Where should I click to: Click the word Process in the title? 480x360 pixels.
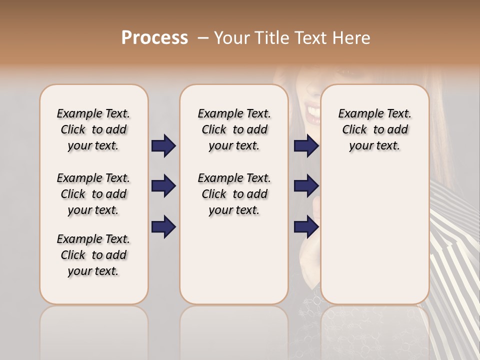pos(154,38)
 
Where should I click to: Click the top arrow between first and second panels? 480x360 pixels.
pos(163,146)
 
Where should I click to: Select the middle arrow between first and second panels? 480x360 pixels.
pos(163,186)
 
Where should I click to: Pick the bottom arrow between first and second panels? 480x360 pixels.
pos(163,226)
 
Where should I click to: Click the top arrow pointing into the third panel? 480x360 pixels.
pos(306,146)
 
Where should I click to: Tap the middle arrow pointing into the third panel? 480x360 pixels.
pos(306,186)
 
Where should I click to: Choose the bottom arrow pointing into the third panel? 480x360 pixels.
pos(306,226)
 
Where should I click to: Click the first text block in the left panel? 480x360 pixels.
pos(93,129)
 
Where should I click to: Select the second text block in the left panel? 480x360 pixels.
pos(93,194)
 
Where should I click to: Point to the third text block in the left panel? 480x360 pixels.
pos(93,255)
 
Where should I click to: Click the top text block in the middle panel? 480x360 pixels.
pos(234,129)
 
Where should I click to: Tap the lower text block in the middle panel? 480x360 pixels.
pos(234,194)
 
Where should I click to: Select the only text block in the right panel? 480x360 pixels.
pos(374,129)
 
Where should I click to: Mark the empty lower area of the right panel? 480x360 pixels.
pos(374,235)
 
